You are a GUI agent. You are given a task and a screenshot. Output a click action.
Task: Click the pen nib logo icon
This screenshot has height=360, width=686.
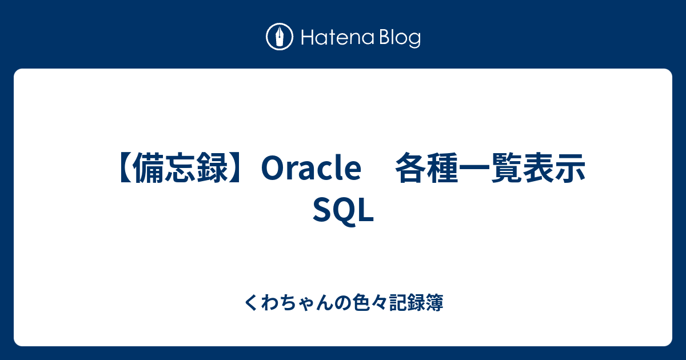280,37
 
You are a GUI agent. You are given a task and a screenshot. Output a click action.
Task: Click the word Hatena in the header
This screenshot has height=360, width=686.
338,38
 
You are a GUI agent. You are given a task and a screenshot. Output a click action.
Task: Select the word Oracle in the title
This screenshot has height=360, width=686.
311,168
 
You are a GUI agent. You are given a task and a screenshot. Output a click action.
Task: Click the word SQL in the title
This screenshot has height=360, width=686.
344,211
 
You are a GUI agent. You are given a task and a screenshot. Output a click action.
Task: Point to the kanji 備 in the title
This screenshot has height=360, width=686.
149,168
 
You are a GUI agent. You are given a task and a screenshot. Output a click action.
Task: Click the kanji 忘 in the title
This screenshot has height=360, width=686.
181,168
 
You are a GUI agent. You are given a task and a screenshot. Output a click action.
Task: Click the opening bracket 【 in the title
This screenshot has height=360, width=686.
126,168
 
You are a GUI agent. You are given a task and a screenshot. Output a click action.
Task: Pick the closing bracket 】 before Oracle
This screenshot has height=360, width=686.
236,168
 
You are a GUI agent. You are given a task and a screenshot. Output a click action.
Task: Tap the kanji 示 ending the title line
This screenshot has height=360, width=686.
569,168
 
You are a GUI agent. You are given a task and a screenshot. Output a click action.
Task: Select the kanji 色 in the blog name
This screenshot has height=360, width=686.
362,302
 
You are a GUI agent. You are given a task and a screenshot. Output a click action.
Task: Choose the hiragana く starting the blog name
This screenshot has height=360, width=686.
252,302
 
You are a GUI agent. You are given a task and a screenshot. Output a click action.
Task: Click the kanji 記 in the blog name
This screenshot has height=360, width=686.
398,302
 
